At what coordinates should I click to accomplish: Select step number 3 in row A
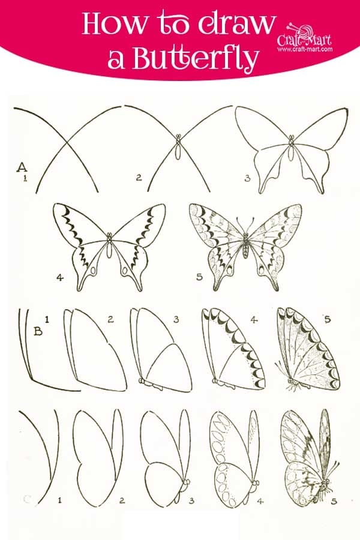247,178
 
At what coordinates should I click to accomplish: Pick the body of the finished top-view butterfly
245,246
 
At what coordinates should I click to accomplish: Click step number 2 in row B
110,319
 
